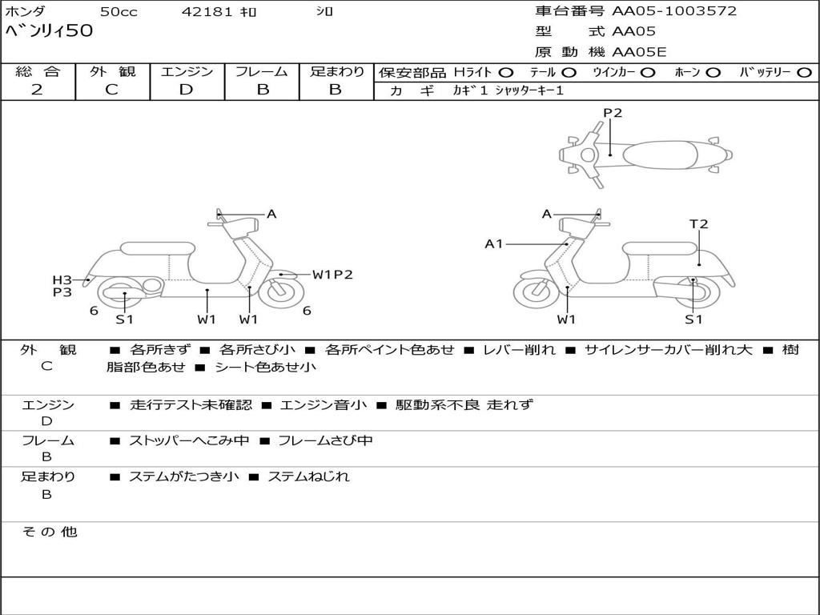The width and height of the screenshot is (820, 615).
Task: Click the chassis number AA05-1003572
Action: [674, 11]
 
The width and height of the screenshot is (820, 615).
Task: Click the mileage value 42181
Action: [207, 12]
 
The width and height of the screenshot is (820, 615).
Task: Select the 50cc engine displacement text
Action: [118, 12]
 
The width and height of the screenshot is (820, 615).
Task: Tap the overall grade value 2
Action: [37, 90]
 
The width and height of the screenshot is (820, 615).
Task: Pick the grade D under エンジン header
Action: [186, 90]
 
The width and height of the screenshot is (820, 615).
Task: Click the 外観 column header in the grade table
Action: [112, 72]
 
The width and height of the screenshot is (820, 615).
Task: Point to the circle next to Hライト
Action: [506, 72]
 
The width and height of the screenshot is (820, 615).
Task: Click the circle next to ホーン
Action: [713, 72]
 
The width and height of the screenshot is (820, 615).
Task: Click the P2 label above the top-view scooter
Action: [613, 113]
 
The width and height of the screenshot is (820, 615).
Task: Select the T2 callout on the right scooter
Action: [699, 224]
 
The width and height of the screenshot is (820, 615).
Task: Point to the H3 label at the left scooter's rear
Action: [62, 279]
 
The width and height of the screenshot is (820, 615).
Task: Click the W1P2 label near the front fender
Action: [332, 275]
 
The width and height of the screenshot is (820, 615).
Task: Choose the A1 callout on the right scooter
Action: [494, 243]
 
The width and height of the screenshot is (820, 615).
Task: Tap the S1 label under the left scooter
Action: [124, 320]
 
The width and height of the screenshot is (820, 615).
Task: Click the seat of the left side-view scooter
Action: [157, 248]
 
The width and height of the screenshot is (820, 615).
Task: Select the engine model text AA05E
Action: [639, 52]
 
